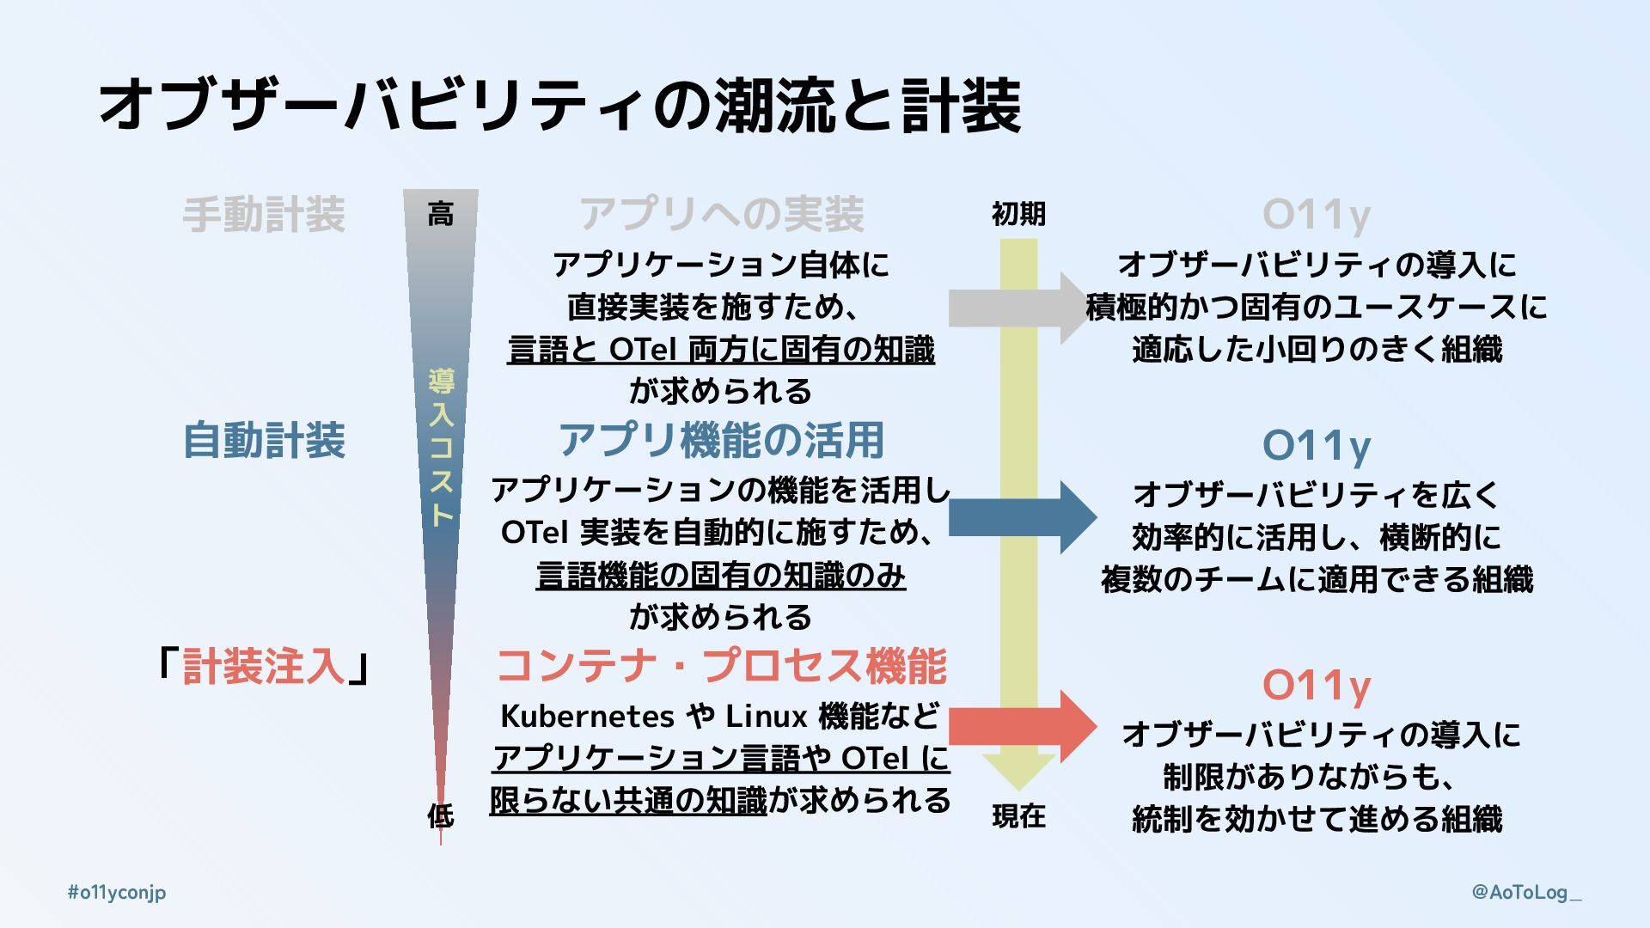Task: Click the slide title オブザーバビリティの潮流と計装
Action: pyautogui.click(x=559, y=105)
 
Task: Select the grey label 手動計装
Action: pyautogui.click(x=264, y=215)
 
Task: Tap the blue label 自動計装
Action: pyautogui.click(x=264, y=441)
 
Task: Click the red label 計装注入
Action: pyautogui.click(x=264, y=667)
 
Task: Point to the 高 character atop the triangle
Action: pyautogui.click(x=441, y=214)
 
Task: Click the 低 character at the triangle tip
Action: pyautogui.click(x=441, y=815)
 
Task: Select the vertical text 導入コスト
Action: pyautogui.click(x=441, y=447)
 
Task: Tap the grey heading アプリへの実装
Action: pyautogui.click(x=721, y=215)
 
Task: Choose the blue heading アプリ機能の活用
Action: pyautogui.click(x=721, y=441)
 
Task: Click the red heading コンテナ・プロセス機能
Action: pyautogui.click(x=721, y=667)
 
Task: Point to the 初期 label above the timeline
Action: pyautogui.click(x=1018, y=214)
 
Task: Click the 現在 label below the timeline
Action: pyautogui.click(x=1018, y=815)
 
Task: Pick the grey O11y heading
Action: pyautogui.click(x=1316, y=215)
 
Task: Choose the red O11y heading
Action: pyautogui.click(x=1316, y=686)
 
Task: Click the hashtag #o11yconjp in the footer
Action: pyautogui.click(x=117, y=892)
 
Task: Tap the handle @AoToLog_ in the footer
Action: pyautogui.click(x=1526, y=892)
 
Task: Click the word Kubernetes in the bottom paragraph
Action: pyautogui.click(x=587, y=716)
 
